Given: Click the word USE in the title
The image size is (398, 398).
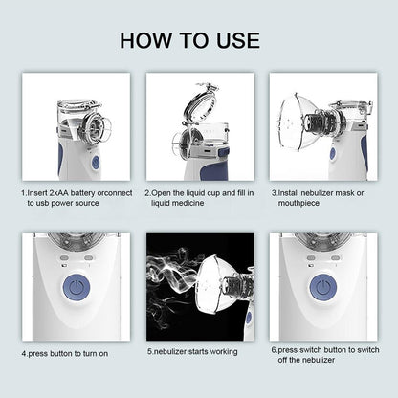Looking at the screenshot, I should tap(232, 40).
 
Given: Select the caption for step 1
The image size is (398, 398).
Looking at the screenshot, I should tap(74, 196).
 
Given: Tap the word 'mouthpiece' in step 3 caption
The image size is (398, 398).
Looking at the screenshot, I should tap(296, 202).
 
